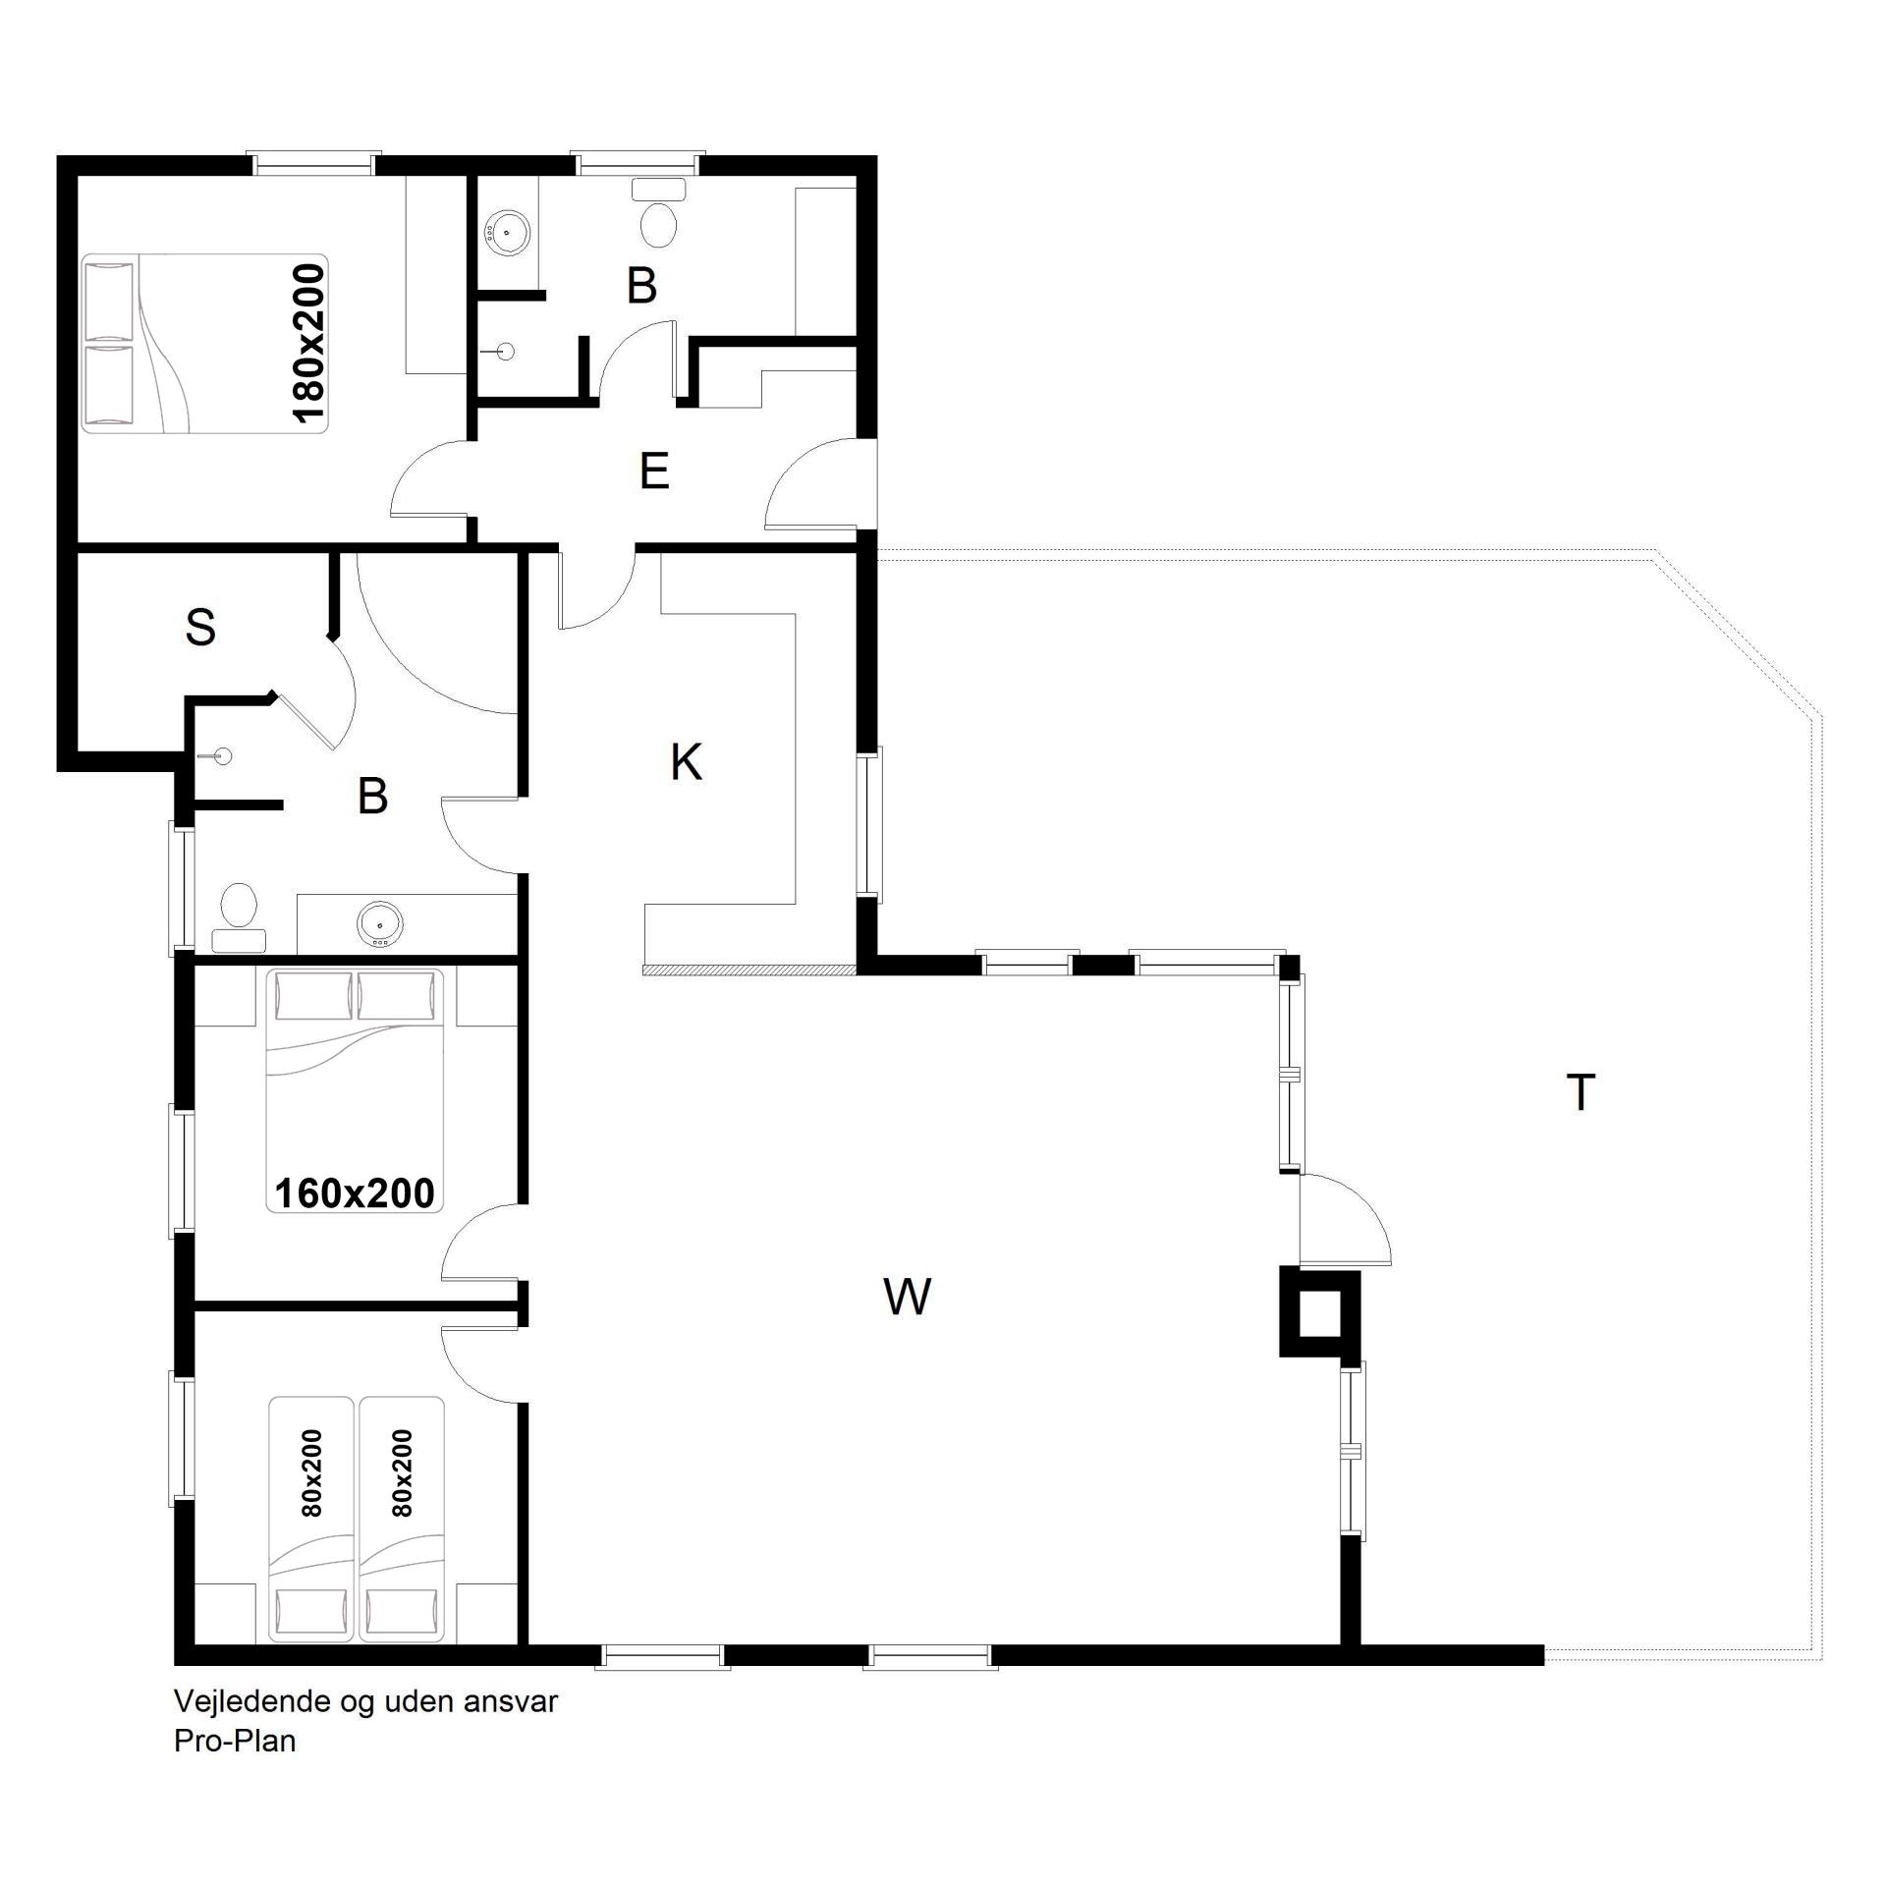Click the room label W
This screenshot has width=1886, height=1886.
(x=907, y=1297)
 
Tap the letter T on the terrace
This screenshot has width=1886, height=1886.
(x=1581, y=1092)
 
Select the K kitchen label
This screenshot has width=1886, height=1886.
(x=686, y=761)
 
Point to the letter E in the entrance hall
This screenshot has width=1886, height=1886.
(x=654, y=471)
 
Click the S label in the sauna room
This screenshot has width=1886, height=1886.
(x=200, y=627)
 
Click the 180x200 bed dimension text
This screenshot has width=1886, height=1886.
(x=308, y=343)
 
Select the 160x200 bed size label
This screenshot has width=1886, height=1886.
(x=355, y=1193)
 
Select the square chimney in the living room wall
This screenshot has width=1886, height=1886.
(x=1319, y=1313)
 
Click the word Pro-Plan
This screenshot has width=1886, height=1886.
(x=235, y=1741)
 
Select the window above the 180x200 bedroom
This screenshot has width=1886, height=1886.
(x=312, y=163)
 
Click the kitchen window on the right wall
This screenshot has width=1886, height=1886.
(x=869, y=825)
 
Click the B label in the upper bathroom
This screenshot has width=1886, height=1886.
(x=641, y=286)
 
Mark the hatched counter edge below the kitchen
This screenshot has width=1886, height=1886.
(x=749, y=970)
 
